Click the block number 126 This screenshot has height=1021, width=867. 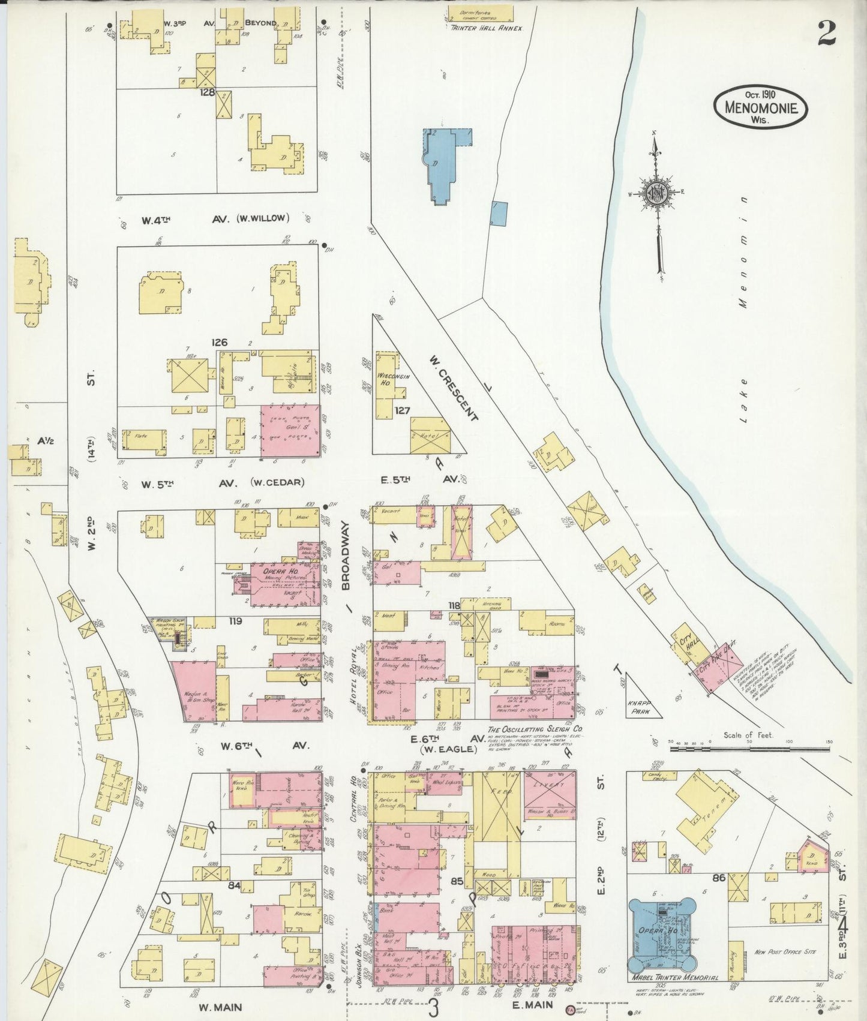pyautogui.click(x=220, y=342)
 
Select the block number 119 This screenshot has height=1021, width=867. pyautogui.click(x=234, y=621)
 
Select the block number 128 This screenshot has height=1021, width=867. pyautogui.click(x=208, y=92)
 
